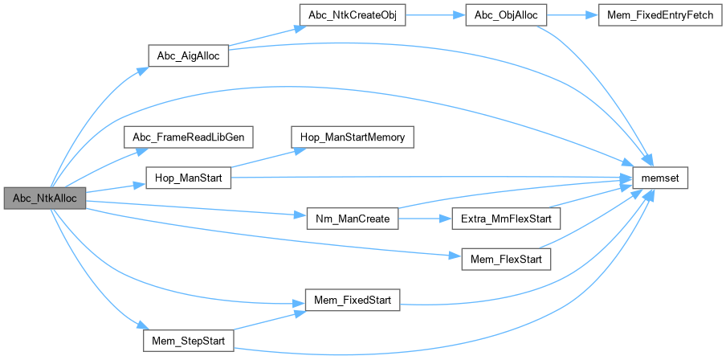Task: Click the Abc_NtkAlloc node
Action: point(44,198)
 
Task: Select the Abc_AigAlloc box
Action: point(189,57)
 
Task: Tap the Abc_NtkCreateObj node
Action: point(351,17)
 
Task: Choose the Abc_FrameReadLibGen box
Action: point(189,137)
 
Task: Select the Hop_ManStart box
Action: point(189,178)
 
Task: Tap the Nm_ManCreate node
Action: point(353,219)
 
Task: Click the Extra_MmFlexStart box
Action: point(506,219)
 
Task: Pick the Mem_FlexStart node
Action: point(506,259)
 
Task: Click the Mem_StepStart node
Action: point(189,341)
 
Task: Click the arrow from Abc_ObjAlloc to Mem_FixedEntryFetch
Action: point(573,17)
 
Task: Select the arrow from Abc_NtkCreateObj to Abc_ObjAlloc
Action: point(435,17)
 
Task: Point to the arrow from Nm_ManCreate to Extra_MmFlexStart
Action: point(425,219)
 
